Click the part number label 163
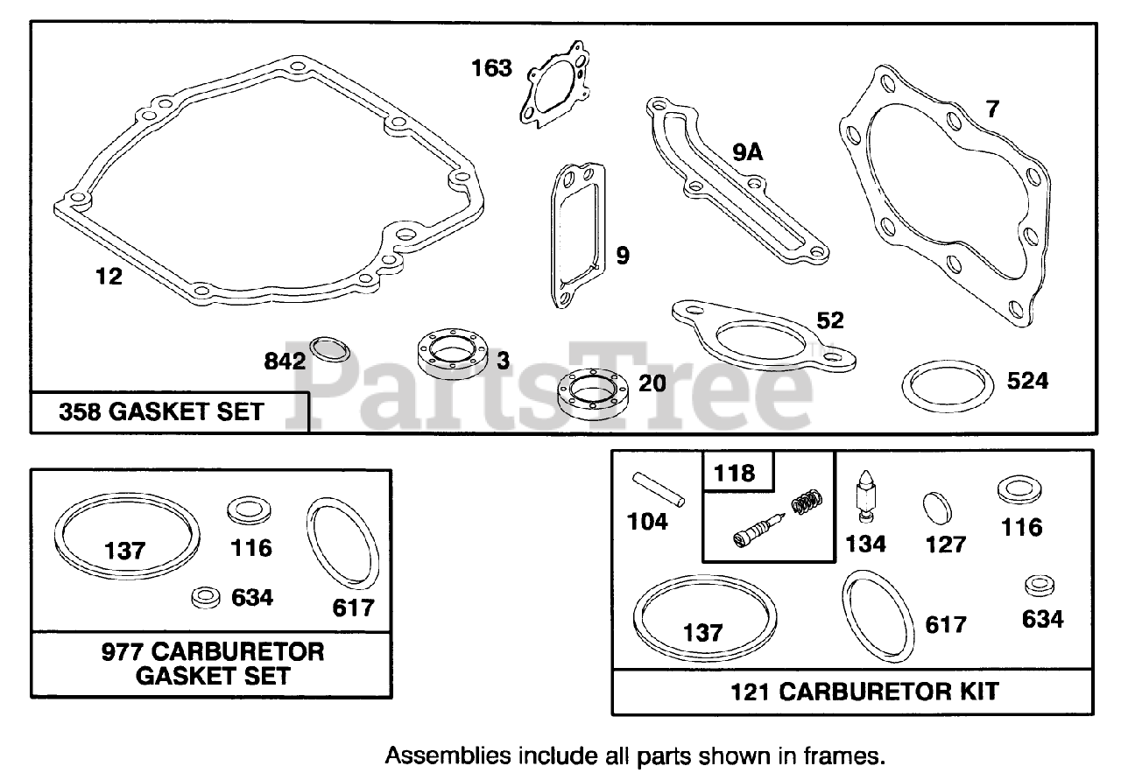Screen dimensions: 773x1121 click(492, 68)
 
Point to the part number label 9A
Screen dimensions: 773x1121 click(748, 153)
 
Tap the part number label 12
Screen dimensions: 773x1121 click(109, 278)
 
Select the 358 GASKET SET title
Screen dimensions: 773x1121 click(161, 411)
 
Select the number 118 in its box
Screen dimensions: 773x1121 click(734, 474)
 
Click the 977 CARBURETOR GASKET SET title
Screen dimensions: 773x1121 click(212, 664)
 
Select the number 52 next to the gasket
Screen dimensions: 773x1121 click(829, 320)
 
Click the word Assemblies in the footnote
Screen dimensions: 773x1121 click(448, 755)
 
